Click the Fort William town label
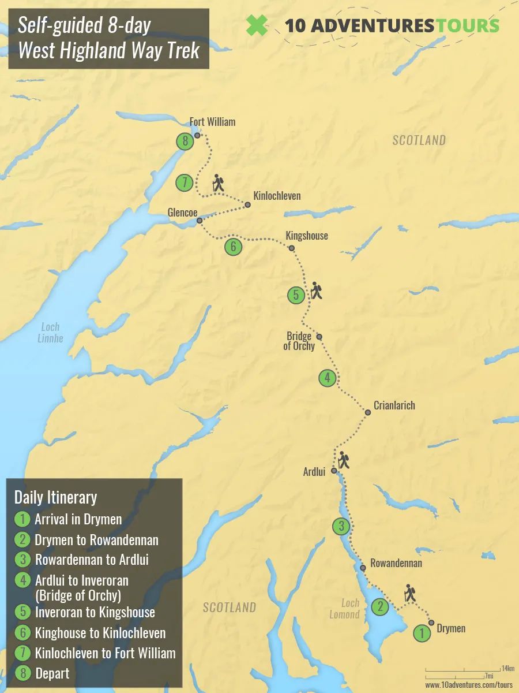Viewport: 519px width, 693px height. coord(212,122)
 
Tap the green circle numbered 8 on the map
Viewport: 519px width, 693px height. coord(185,141)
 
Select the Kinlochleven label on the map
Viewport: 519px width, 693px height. coord(277,196)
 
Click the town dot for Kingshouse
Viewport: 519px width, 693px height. coord(292,248)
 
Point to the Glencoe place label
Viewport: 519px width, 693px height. coord(183,211)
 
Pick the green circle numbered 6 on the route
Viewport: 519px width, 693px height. coord(233,247)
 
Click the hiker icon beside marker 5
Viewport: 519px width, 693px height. coord(316,290)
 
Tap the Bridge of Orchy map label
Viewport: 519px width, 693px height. coord(299,341)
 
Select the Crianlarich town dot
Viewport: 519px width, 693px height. coord(368,412)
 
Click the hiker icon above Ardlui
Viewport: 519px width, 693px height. coord(344,460)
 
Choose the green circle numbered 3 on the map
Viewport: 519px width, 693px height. coord(341,526)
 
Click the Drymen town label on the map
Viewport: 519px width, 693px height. coord(451,628)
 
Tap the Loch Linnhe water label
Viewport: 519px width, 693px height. coord(50,333)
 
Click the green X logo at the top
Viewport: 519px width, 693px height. coord(257,25)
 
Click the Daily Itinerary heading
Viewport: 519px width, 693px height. coord(55,497)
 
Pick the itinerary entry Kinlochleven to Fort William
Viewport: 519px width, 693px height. coord(105,653)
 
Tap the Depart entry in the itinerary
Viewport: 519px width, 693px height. coord(52,673)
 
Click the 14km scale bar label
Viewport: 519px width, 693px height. coord(507,668)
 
